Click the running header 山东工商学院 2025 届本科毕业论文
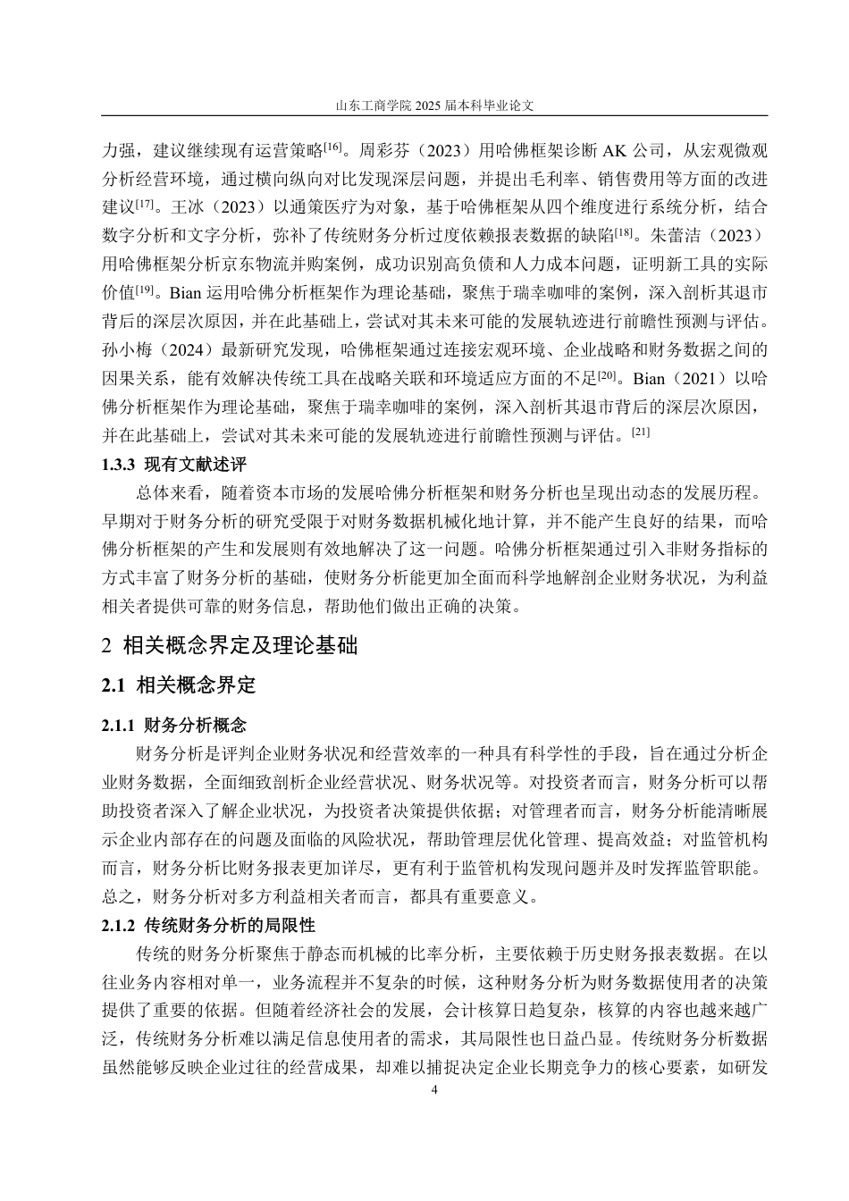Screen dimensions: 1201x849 [x=434, y=105]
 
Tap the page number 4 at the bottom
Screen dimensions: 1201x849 [x=434, y=1090]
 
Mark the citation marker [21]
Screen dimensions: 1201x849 [x=641, y=433]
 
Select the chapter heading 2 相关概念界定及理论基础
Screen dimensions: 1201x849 [x=231, y=645]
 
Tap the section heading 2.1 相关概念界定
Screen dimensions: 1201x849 [x=179, y=685]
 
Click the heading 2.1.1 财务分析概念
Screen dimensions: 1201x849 [x=174, y=725]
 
